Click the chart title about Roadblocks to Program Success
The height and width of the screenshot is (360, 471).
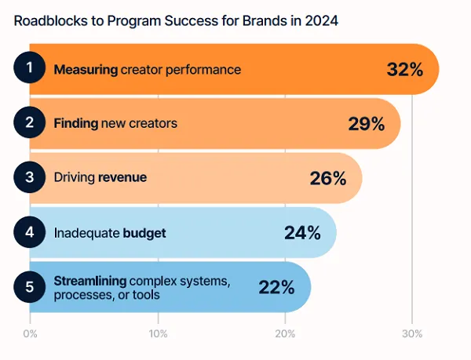[176, 21]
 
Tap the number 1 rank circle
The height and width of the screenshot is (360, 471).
[30, 68]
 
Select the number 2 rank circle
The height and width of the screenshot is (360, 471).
[30, 123]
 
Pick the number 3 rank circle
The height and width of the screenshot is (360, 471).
[30, 177]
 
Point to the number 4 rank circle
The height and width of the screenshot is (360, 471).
[30, 232]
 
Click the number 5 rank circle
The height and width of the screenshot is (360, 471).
[30, 287]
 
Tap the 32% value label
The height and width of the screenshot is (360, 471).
[404, 69]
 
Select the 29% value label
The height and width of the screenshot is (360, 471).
[366, 124]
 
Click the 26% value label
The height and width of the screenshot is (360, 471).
[327, 178]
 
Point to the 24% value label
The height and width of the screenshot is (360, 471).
[302, 233]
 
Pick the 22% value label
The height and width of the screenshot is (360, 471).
[276, 287]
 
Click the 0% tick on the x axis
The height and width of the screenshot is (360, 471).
[30, 335]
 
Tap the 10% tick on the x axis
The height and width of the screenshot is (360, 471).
[158, 335]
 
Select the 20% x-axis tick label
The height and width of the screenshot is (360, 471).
[285, 335]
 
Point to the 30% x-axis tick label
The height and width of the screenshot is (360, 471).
[413, 335]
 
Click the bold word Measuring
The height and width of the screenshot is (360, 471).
[86, 69]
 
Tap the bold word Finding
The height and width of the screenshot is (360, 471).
[75, 123]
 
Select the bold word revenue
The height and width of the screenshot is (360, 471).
[122, 178]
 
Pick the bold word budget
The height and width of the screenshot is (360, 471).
[144, 233]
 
